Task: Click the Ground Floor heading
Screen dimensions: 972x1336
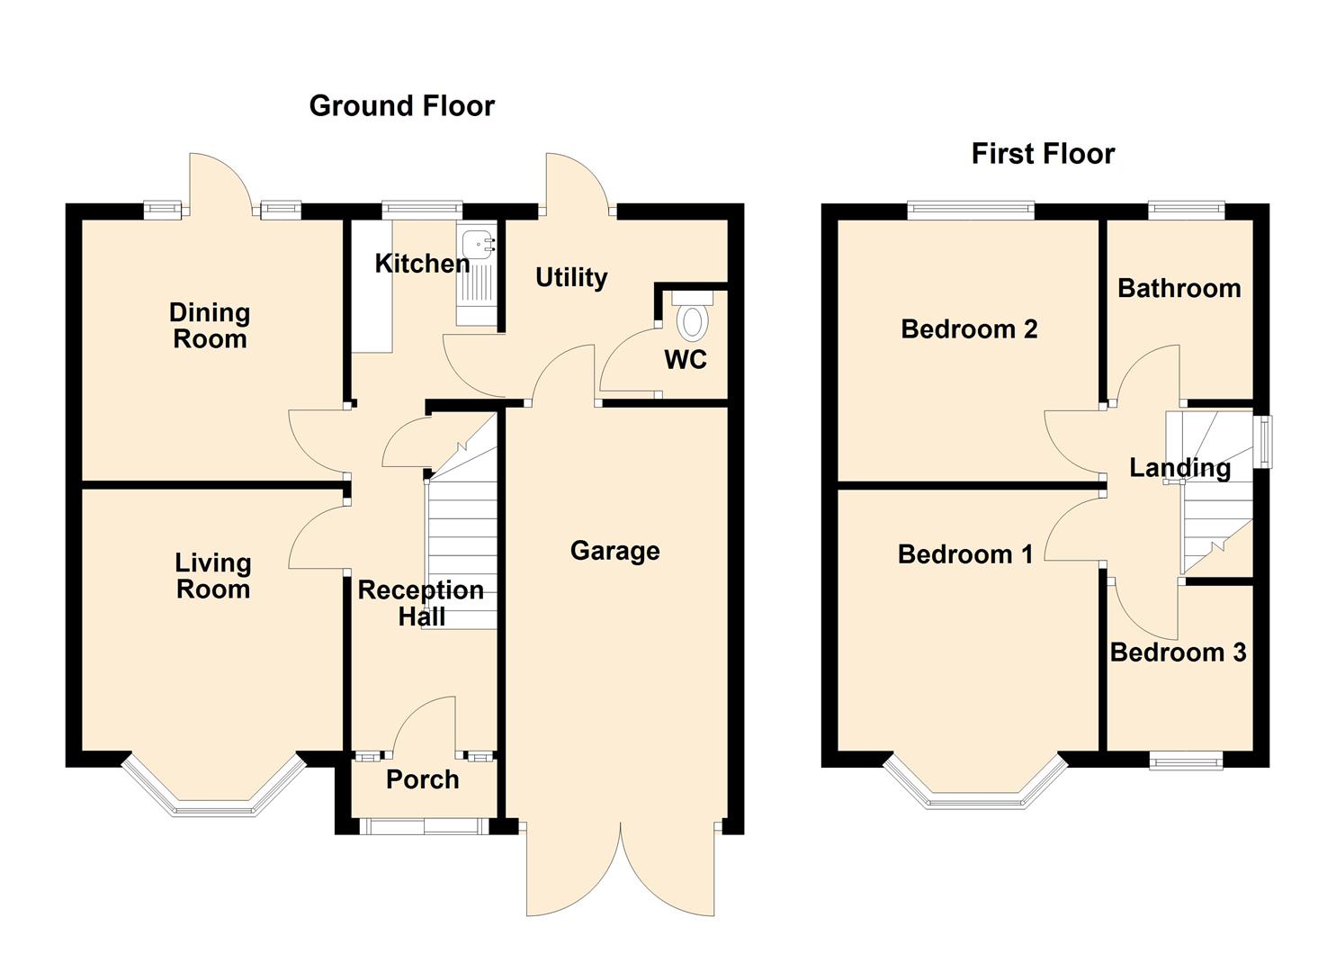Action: tap(401, 106)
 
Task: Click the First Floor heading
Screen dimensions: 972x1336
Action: tap(1043, 154)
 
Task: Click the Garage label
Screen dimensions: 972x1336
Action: tap(614, 551)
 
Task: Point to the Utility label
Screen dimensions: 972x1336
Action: tap(571, 277)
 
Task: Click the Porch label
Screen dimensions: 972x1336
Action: tap(422, 779)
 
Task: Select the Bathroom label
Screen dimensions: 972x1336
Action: tap(1179, 288)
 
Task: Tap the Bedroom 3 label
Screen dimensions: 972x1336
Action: tap(1178, 652)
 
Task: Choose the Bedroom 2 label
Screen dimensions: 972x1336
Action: tap(969, 329)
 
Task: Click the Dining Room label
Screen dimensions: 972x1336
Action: tap(210, 326)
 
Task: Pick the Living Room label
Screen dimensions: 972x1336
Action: tap(212, 576)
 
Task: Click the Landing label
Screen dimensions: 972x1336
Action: tap(1179, 468)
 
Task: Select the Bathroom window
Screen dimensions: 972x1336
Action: tap(1187, 211)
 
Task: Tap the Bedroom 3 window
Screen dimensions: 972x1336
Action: tap(1186, 761)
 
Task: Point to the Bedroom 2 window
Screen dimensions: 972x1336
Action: tap(971, 211)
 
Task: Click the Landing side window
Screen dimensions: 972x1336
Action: tap(1263, 441)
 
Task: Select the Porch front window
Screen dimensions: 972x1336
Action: tap(423, 825)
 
